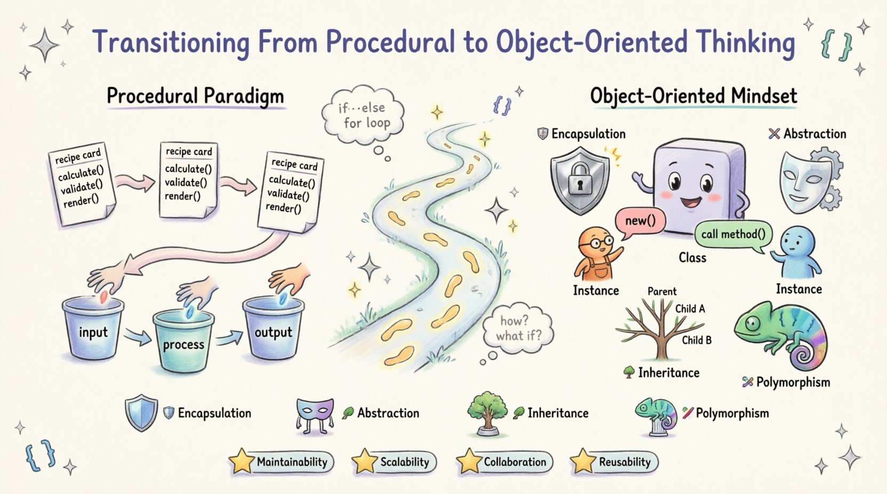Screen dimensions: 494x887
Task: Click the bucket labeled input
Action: coord(93,330)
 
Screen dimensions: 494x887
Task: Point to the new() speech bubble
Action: coord(640,221)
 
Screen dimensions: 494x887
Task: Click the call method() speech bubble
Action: coord(733,234)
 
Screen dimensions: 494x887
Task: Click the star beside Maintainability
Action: coord(241,461)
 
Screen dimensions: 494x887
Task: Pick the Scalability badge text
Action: coord(405,462)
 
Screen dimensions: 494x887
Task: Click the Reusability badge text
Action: coord(625,462)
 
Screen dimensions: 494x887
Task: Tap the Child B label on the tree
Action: coord(696,340)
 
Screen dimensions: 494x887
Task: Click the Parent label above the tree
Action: coord(662,292)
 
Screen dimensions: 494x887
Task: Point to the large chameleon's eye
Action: coord(753,323)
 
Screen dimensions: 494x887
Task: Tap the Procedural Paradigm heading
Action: coord(195,96)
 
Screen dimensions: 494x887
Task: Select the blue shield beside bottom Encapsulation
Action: coord(141,412)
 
